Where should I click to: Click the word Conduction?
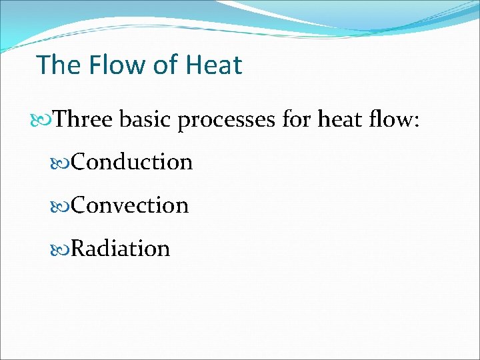point(131,162)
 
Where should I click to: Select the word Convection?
point(129,205)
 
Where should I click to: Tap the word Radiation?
point(120,249)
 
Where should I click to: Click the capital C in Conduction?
point(78,162)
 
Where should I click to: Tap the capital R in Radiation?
point(78,249)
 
